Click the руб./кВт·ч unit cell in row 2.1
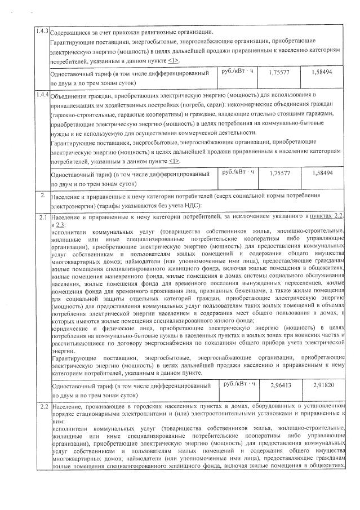click(x=239, y=385)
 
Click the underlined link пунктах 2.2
click(x=329, y=216)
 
